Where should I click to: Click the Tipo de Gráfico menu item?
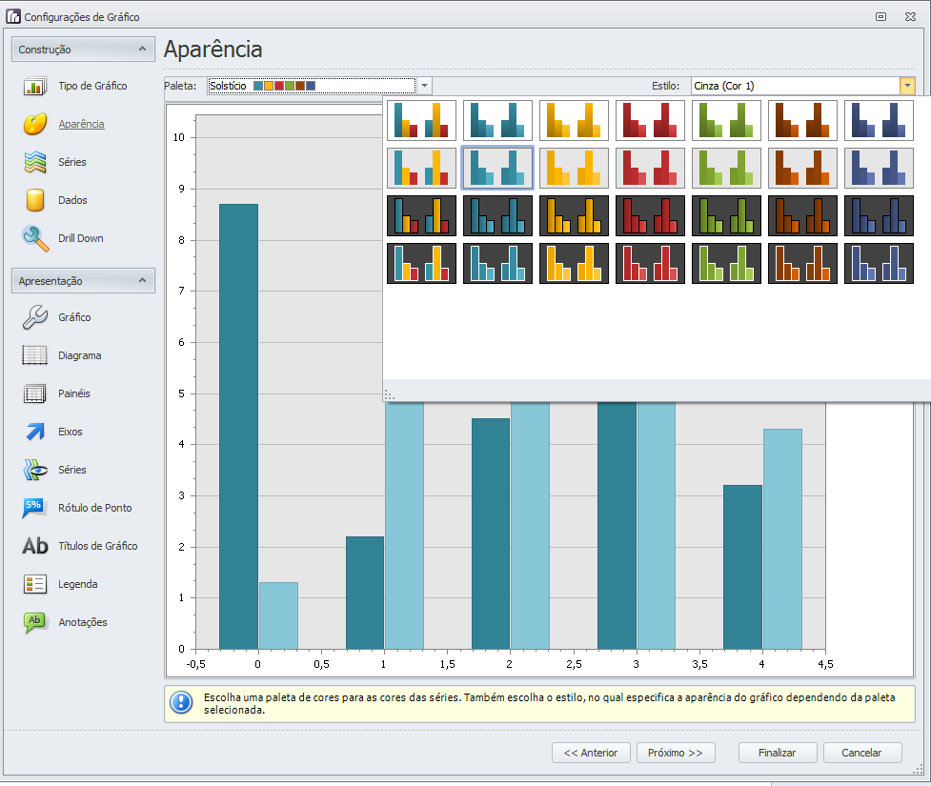(91, 86)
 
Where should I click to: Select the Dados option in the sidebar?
(72, 200)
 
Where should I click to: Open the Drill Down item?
(80, 238)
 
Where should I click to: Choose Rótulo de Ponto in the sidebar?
(94, 508)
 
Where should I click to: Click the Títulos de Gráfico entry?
(97, 546)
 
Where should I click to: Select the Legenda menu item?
(77, 584)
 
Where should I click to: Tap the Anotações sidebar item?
(82, 622)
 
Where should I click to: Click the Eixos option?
(70, 432)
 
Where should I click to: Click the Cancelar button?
(862, 753)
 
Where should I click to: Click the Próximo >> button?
(676, 753)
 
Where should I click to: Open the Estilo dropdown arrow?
(907, 86)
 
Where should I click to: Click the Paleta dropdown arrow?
(425, 86)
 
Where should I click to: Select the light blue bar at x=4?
(782, 538)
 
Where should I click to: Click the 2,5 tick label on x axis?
(573, 663)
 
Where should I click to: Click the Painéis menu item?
(73, 393)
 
